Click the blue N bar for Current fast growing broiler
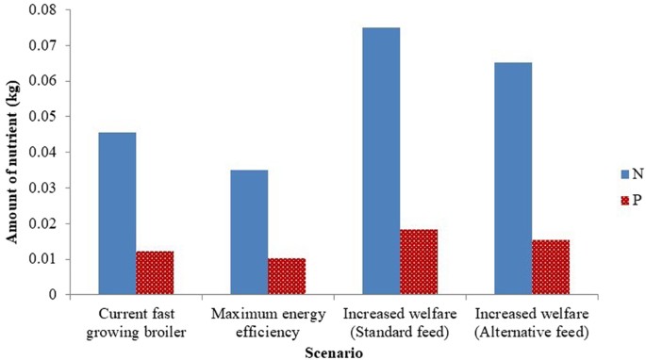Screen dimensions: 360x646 (x=117, y=214)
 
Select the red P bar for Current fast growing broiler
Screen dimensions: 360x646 (x=155, y=273)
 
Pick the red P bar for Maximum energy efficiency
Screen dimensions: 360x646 (x=287, y=277)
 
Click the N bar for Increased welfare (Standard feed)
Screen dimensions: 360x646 (x=381, y=161)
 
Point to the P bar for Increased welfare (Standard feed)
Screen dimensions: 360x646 (x=419, y=262)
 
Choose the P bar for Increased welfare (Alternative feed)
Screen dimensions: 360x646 (x=551, y=268)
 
